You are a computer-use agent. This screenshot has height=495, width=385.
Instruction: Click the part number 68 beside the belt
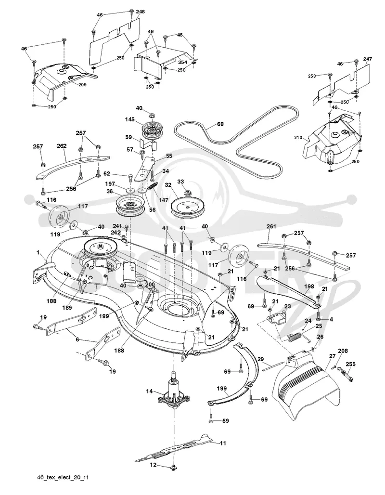[x=220, y=124]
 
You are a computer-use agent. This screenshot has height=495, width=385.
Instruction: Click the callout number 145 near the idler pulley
[x=129, y=119]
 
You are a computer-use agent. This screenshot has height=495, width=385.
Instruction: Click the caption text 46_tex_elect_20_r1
[x=63, y=477]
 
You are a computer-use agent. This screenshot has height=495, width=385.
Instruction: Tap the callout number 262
[x=62, y=146]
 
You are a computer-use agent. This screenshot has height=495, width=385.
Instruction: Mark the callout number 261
[x=271, y=226]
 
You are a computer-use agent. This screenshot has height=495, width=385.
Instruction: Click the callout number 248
[x=141, y=12]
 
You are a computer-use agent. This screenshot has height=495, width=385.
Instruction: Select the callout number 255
[x=350, y=364]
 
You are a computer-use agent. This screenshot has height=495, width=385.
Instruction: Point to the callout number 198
[x=309, y=287]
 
